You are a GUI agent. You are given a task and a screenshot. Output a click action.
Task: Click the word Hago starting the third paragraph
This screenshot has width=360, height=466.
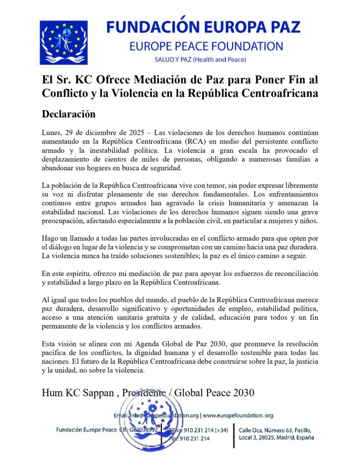[x=50, y=238]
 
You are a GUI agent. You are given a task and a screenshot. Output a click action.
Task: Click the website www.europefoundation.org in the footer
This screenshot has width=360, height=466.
[x=238, y=415]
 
